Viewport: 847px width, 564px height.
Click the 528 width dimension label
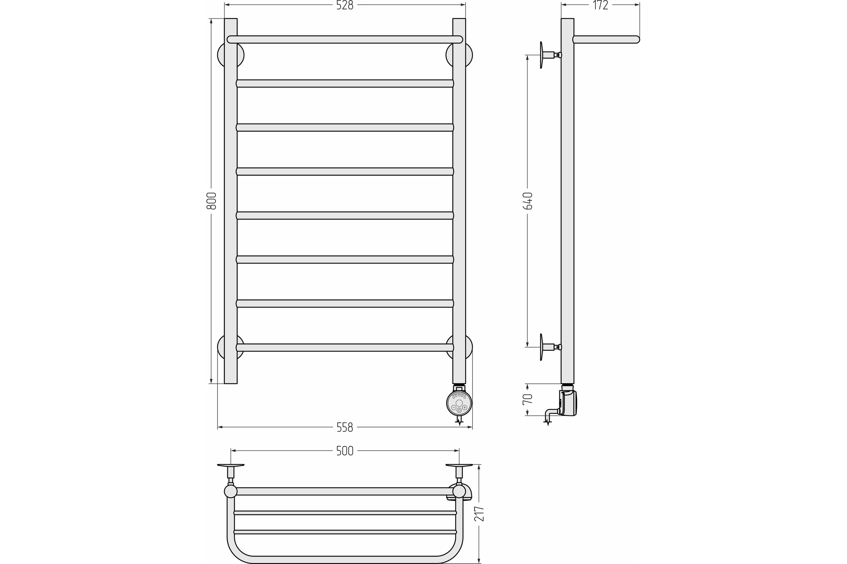point(345,5)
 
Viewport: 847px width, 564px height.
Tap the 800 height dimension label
point(211,201)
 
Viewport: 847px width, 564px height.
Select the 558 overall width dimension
point(345,427)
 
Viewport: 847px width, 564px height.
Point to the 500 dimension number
point(345,451)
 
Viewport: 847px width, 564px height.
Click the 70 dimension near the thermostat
point(528,399)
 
